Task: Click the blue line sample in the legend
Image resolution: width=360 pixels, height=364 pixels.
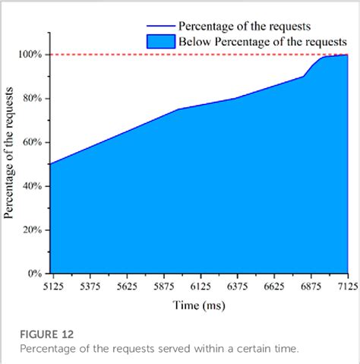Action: (x=159, y=27)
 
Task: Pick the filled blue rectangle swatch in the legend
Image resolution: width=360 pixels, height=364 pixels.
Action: (x=159, y=42)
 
